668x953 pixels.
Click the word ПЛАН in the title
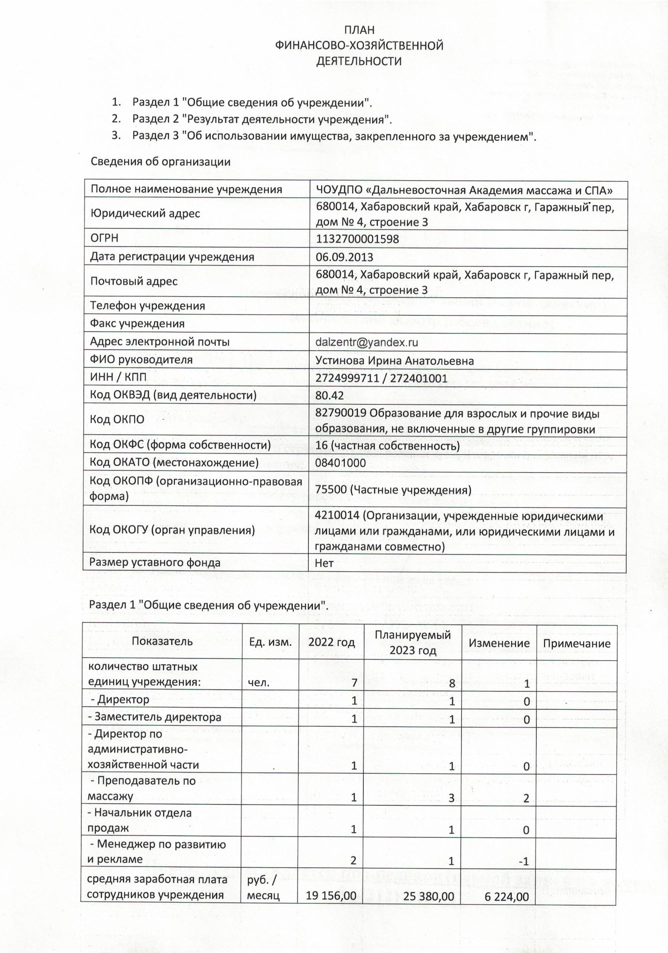pos(359,30)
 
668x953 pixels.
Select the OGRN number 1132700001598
pos(357,239)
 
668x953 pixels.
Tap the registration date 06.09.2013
pos(344,257)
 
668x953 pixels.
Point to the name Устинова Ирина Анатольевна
pos(394,360)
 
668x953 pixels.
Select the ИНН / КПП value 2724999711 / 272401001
pos(381,378)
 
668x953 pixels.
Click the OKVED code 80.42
pos(329,395)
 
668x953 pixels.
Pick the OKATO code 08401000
pos(341,463)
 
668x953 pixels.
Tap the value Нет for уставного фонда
pos(324,563)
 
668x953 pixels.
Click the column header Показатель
pos(162,641)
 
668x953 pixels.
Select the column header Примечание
pos(576,644)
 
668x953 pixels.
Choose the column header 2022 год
pos(332,642)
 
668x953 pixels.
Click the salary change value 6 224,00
pos(506,896)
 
